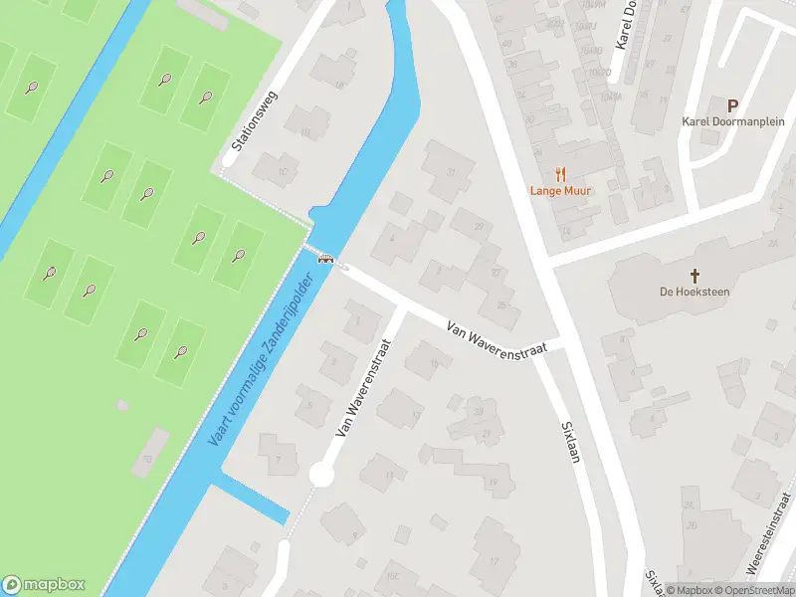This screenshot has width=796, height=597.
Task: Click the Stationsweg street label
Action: point(255,120)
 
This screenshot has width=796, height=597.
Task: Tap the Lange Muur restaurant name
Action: point(559,190)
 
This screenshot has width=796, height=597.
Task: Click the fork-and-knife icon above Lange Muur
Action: point(559,171)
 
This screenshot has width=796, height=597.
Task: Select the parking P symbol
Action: point(733,105)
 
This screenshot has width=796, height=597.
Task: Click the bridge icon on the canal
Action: point(324,259)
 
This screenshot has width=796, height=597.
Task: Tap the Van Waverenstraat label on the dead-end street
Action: point(362,387)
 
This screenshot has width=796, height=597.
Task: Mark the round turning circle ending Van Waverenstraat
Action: point(320,476)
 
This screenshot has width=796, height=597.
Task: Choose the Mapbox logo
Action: point(44,585)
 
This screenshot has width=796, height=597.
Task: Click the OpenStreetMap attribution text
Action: point(757,590)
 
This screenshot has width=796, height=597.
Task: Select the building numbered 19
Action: point(492,483)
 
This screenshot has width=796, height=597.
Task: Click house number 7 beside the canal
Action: point(279,459)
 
